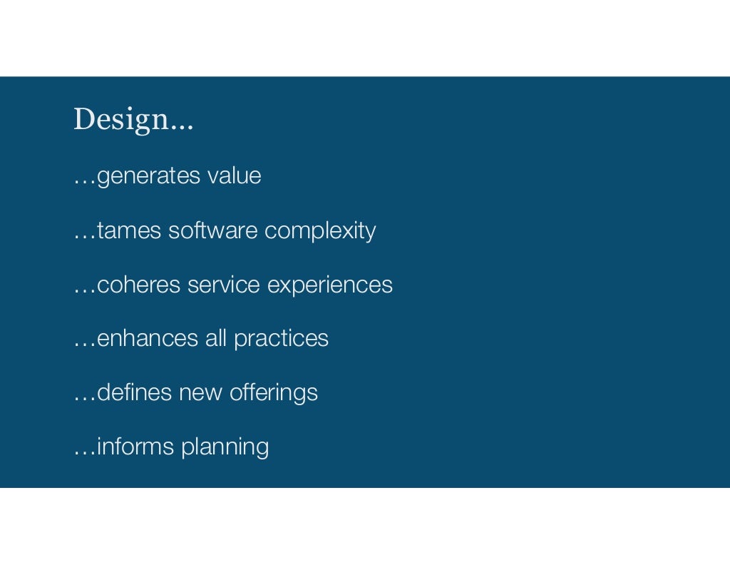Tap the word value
pos(234,176)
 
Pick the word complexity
pos(320,232)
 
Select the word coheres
pos(139,285)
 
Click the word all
pos(216,338)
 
